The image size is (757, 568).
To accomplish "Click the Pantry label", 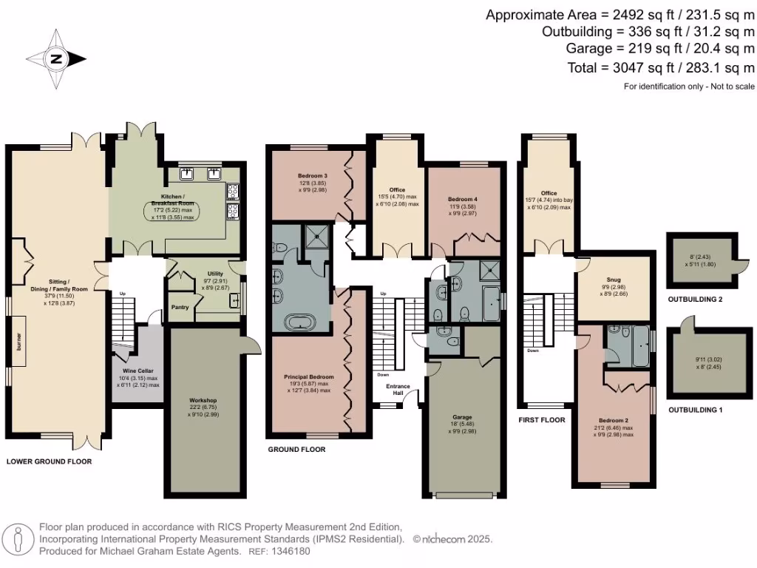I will tap(180, 307).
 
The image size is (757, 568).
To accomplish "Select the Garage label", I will tap(463, 416).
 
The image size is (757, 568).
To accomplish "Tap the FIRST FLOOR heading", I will tap(543, 419).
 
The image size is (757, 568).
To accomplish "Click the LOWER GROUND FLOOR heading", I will tap(49, 461).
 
